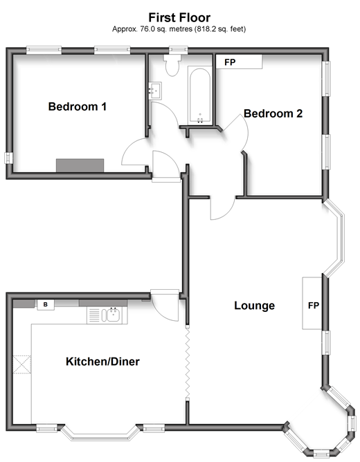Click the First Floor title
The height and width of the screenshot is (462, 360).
179,18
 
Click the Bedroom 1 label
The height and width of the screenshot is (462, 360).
78,107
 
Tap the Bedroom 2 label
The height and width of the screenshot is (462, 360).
273,113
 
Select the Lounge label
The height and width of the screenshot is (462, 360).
255,306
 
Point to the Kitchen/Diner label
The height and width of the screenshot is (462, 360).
102,362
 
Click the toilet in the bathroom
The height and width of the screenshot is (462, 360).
172,66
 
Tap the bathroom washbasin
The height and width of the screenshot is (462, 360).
155,91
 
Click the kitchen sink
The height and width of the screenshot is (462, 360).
107,315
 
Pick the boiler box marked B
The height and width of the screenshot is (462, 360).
46,305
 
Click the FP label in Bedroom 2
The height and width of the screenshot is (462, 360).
230,62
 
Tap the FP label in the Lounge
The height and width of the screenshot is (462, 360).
314,306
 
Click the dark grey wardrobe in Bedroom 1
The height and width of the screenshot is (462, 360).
80,165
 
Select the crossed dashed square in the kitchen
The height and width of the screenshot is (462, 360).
22,364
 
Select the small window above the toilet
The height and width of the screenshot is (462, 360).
179,50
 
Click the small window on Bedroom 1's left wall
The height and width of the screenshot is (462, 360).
9,158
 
